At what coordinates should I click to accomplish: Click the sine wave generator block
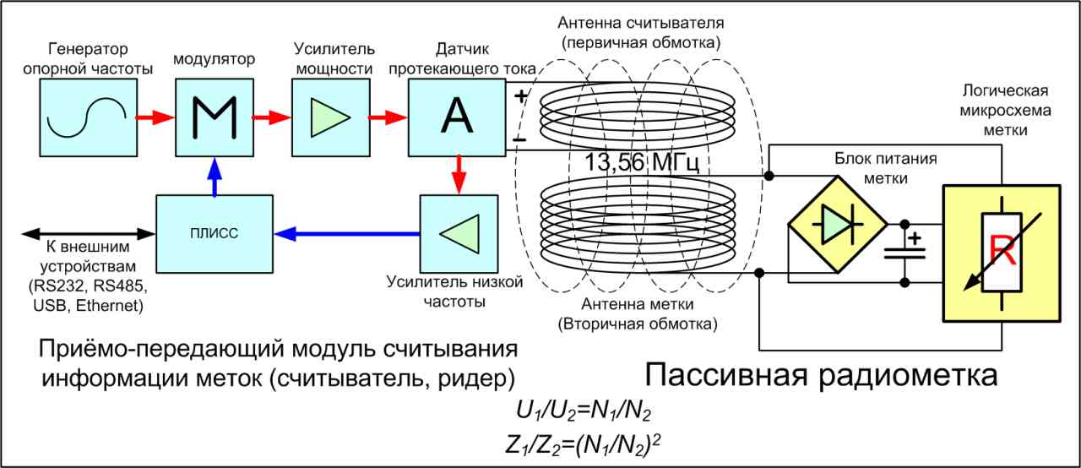(x=89, y=117)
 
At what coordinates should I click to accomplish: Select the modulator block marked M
(x=215, y=117)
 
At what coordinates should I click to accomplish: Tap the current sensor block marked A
(x=457, y=117)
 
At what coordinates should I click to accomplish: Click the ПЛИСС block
(x=215, y=234)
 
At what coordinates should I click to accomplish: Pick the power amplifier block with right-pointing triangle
(x=331, y=117)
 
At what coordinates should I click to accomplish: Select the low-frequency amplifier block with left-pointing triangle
(x=459, y=234)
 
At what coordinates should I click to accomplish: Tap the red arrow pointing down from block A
(x=459, y=176)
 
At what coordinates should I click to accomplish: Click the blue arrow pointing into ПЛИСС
(x=346, y=234)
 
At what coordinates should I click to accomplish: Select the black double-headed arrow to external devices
(x=89, y=234)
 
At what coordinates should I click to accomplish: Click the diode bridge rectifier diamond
(x=838, y=225)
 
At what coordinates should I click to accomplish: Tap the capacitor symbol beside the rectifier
(x=904, y=253)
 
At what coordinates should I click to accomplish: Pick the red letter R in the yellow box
(x=1002, y=251)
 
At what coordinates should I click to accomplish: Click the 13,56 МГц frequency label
(x=641, y=162)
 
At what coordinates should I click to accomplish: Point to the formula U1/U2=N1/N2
(x=584, y=412)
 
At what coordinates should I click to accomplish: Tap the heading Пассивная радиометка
(x=821, y=375)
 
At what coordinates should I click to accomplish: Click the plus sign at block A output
(x=521, y=96)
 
